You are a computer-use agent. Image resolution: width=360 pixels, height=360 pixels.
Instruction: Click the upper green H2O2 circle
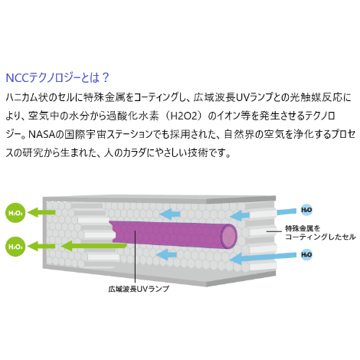point(15,213)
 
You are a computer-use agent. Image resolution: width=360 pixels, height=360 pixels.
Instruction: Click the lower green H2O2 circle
point(15,247)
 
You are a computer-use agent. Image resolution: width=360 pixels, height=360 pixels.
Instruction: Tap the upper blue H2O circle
point(306,210)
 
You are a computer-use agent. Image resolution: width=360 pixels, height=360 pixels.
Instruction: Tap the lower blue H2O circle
point(306,254)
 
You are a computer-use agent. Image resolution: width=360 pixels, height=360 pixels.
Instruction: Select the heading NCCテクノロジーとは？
point(57,77)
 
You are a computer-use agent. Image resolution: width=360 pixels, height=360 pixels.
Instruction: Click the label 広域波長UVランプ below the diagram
point(139,289)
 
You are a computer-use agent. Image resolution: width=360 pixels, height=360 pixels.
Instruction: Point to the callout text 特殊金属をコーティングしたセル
point(320,232)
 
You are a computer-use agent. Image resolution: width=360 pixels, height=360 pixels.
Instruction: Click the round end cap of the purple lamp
point(229,237)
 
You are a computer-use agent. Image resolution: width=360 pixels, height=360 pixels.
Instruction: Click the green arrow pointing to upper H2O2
point(41,212)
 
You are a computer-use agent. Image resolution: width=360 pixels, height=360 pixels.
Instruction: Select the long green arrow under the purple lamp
point(93,246)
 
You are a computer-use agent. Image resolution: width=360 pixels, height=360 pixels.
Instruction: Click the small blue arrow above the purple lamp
point(169,214)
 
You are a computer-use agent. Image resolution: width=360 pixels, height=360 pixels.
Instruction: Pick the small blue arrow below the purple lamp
point(166,254)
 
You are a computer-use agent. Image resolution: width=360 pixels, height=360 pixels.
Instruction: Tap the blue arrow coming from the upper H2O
point(263,214)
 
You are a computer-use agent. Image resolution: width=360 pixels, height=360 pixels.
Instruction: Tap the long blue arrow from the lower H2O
point(263,258)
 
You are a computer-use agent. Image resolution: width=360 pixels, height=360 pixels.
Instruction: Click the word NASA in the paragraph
point(42,134)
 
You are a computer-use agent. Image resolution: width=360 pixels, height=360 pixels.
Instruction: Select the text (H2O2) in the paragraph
point(185,116)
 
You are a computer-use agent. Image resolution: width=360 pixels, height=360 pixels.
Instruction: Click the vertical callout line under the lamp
point(136,257)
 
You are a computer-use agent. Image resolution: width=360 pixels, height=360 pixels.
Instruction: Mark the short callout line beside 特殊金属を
point(274,231)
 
